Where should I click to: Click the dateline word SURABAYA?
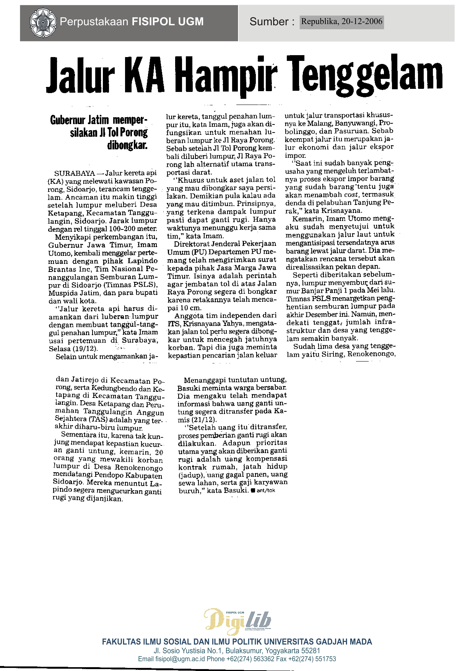(75, 173)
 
